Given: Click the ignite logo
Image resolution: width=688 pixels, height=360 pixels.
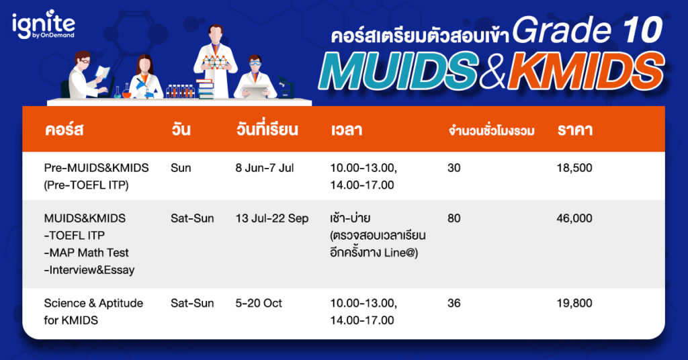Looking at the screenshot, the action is click(x=44, y=25).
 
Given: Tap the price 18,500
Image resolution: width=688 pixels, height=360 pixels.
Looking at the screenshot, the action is click(x=574, y=168).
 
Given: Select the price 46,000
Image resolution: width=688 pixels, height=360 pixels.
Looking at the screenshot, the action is click(x=574, y=218).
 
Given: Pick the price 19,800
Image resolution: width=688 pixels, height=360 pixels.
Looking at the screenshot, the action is click(x=574, y=303).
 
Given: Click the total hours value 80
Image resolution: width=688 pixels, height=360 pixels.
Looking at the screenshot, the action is click(x=454, y=218).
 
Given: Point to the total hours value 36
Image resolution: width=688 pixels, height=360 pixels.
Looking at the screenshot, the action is click(x=454, y=303).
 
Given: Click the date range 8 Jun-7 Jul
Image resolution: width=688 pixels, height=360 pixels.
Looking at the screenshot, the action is click(x=265, y=168).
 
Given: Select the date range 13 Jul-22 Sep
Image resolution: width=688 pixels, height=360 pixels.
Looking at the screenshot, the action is click(x=272, y=218).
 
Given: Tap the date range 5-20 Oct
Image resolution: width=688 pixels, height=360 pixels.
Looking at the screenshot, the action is click(x=259, y=303).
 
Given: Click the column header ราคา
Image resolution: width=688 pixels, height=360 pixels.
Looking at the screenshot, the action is click(x=575, y=130).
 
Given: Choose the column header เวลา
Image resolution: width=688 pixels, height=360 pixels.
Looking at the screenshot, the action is click(x=346, y=130).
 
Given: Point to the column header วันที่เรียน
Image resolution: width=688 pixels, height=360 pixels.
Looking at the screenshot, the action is click(x=267, y=129).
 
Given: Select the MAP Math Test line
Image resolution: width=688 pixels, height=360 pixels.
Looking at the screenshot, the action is click(x=87, y=253).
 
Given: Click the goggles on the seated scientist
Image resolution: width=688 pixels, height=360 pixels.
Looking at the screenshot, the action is click(x=255, y=64).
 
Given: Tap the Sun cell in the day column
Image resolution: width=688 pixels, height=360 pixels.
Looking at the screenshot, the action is click(x=181, y=168).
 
